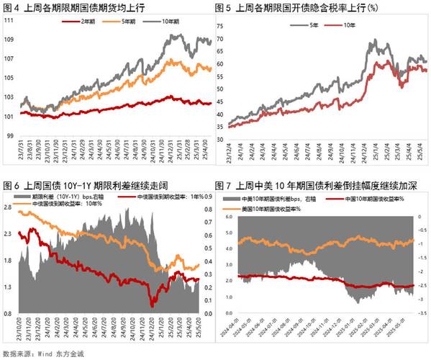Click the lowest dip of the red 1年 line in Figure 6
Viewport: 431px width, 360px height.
pyautogui.click(x=152, y=303)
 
